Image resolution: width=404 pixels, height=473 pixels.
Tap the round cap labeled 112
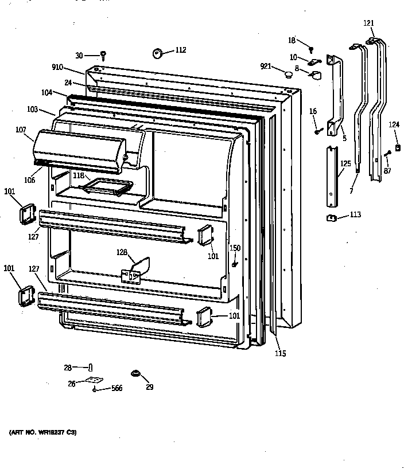point(157,53)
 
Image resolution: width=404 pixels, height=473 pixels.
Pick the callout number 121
point(368,23)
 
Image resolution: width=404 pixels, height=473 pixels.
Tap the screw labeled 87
point(389,153)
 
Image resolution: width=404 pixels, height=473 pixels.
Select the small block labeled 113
point(331,217)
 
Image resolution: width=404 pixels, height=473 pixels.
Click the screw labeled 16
point(317,132)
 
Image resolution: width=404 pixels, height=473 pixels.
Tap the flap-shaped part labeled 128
point(140,266)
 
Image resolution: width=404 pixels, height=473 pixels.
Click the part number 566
point(116,388)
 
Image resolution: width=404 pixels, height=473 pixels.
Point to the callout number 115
point(279,353)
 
